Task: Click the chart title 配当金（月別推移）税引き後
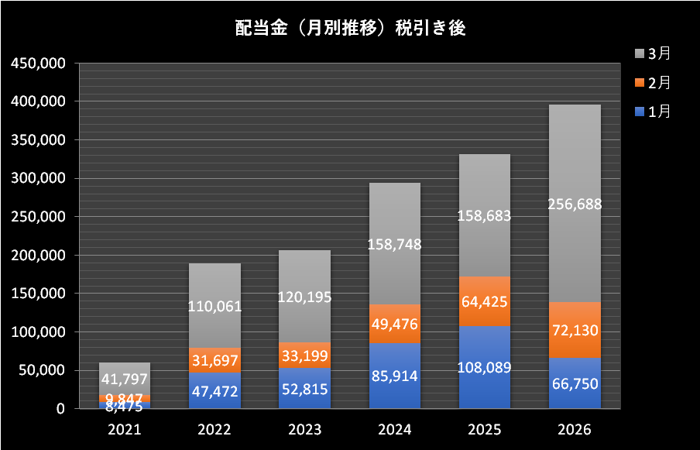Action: [x=351, y=28]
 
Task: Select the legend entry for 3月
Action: [x=653, y=53]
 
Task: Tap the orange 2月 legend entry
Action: [x=653, y=83]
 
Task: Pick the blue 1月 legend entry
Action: [x=653, y=112]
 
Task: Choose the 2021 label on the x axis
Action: [x=125, y=429]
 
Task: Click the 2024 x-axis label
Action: [x=395, y=429]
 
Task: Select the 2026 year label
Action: [x=575, y=429]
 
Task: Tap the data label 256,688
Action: [x=575, y=204]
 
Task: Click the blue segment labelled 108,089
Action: [x=485, y=367]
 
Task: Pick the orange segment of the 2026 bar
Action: [x=575, y=330]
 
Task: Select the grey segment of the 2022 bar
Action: [x=214, y=305]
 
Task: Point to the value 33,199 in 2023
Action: [x=305, y=356]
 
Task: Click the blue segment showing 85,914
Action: [x=395, y=376]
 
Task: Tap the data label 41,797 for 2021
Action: [x=125, y=379]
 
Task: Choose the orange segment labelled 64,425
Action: [x=485, y=301]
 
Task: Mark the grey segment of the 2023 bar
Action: [x=305, y=297]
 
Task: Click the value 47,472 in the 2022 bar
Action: [x=214, y=391]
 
